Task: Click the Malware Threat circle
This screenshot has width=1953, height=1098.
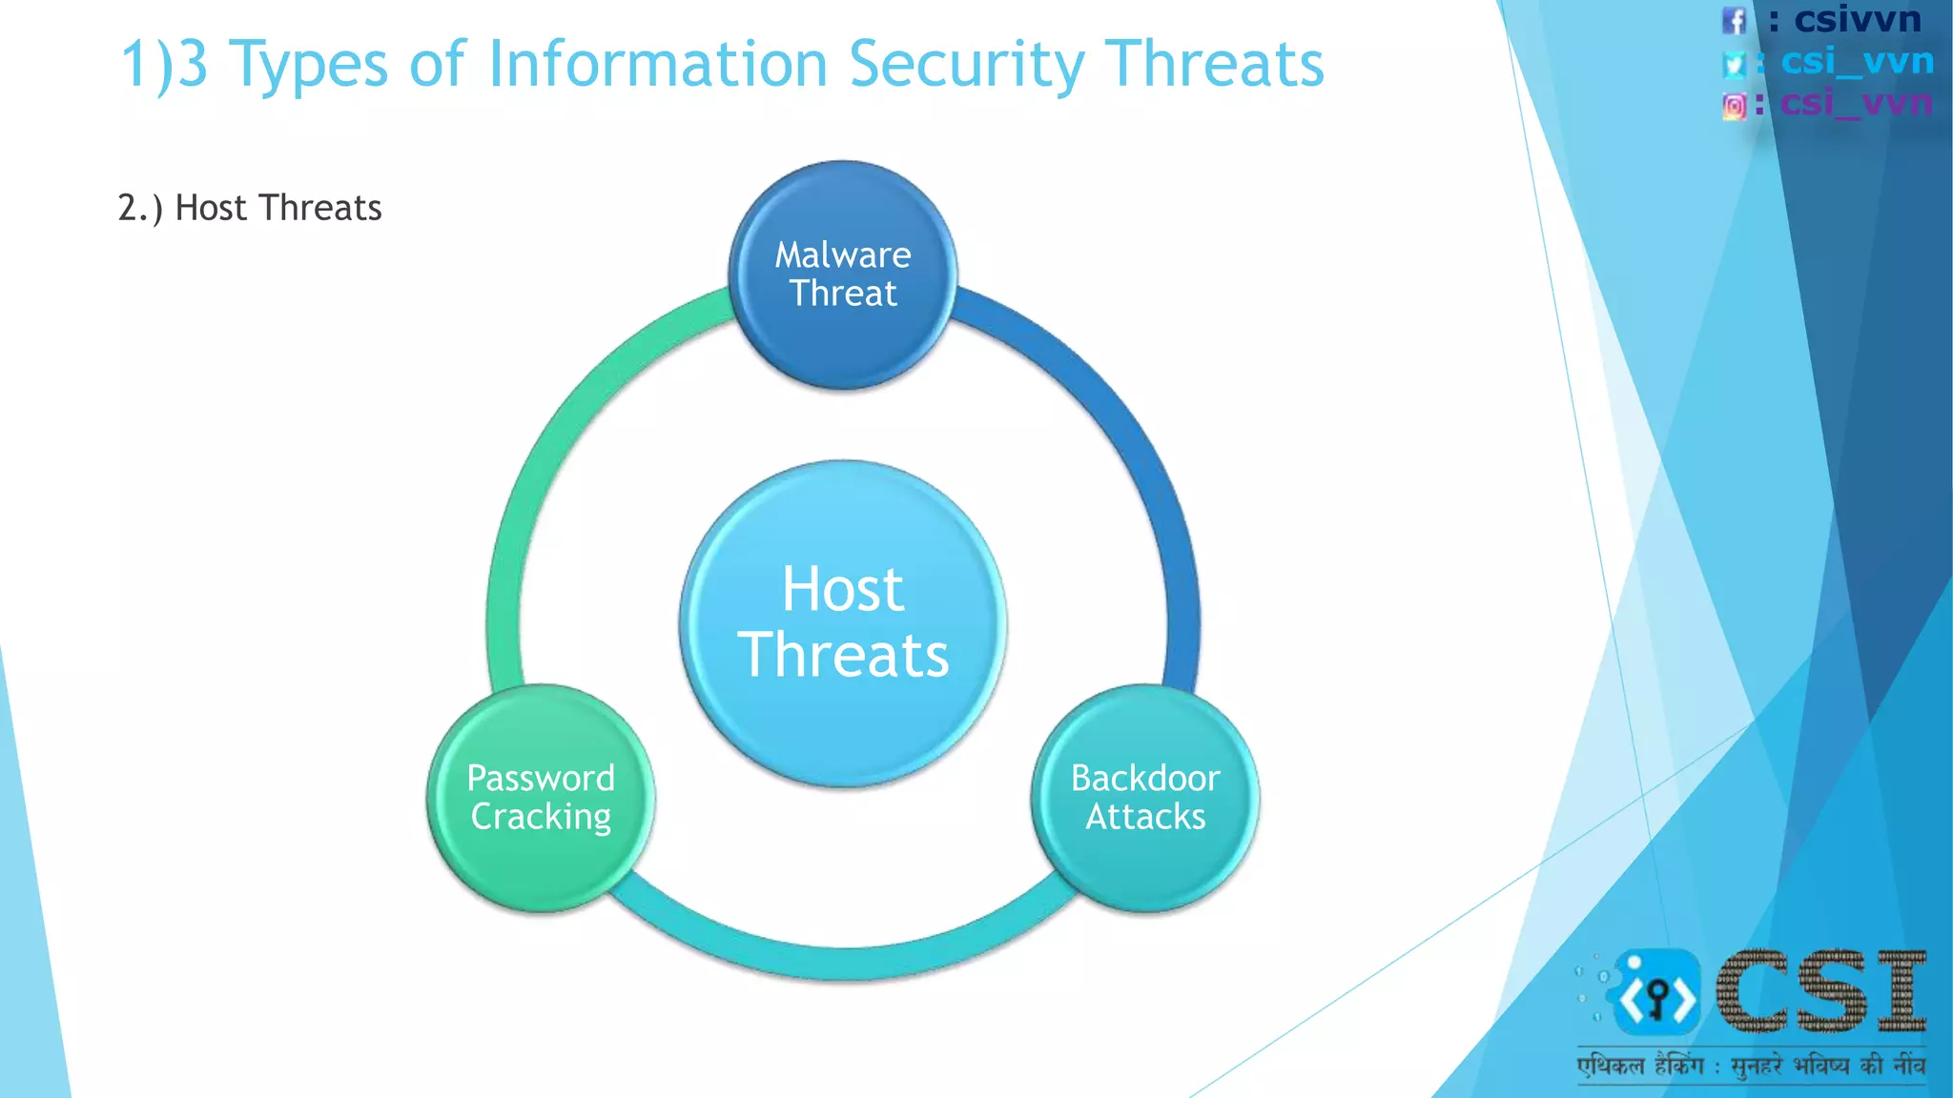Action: (843, 274)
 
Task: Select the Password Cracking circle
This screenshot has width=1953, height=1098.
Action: (541, 798)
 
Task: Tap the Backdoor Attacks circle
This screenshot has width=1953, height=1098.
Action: (1145, 798)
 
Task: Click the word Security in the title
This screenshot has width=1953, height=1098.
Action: (966, 65)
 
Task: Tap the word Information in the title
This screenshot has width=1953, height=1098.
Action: (657, 65)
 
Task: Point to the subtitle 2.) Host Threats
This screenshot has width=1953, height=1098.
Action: (250, 208)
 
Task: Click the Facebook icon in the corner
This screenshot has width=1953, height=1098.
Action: (1734, 20)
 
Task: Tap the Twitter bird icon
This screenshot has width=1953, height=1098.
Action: (1734, 63)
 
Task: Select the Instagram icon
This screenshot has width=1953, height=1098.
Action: (1735, 105)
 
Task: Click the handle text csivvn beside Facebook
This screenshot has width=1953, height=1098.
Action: (1857, 19)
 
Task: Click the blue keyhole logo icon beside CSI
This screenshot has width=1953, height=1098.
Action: (1656, 994)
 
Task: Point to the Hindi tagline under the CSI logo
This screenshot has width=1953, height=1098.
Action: (1750, 1065)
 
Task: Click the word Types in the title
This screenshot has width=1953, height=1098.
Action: (309, 65)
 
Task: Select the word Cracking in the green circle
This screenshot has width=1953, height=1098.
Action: (541, 817)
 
